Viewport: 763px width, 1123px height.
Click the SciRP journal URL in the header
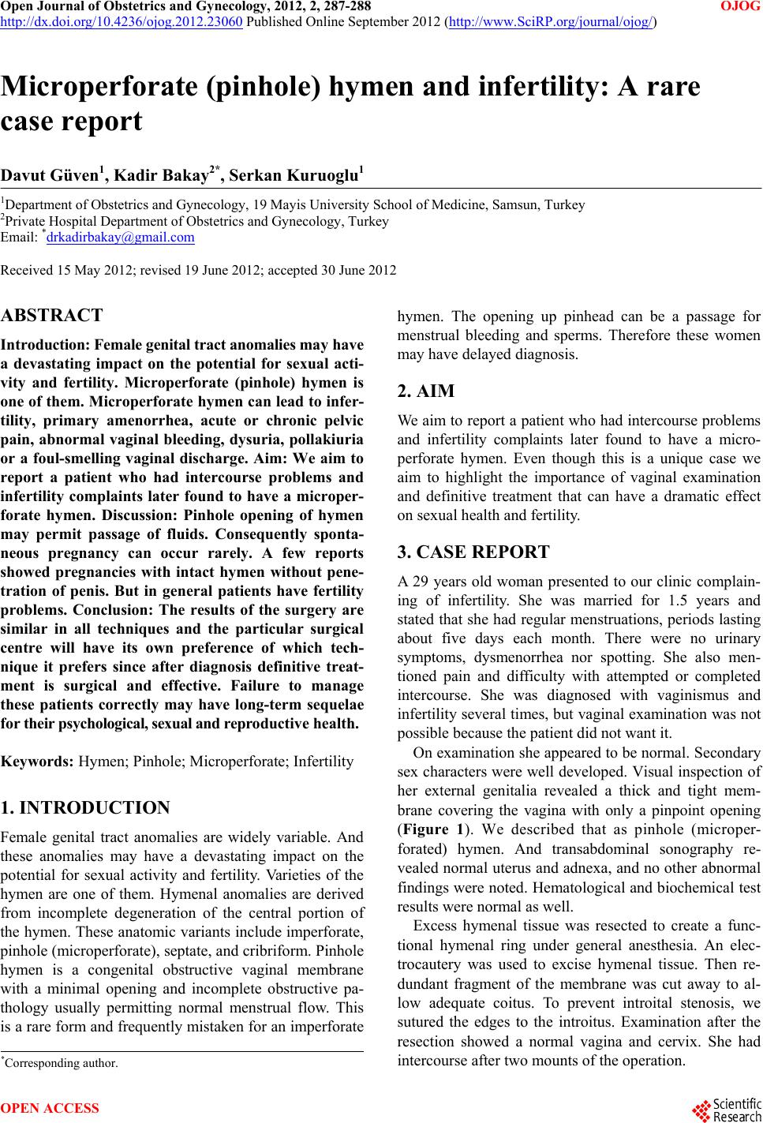coord(551,22)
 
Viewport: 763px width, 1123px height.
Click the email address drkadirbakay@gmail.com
coord(120,237)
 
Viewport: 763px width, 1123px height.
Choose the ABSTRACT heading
coord(52,316)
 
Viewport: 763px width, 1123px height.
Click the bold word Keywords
coord(37,762)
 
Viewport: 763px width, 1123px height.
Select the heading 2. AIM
coord(426,391)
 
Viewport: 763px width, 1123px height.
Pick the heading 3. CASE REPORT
coord(473,552)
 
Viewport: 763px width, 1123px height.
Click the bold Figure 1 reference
coord(430,829)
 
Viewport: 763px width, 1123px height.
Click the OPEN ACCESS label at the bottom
coord(50,1109)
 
